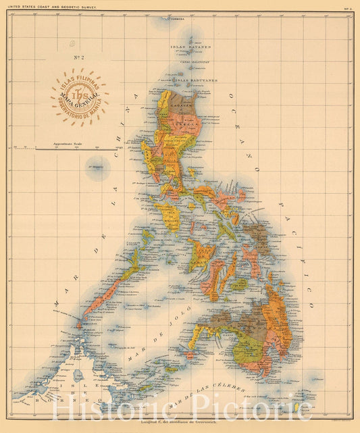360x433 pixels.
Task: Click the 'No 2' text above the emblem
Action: pyautogui.click(x=78, y=59)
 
